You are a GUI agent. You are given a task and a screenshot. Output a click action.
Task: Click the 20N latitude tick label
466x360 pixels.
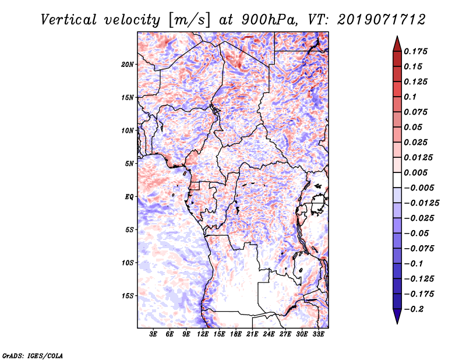tap(128, 64)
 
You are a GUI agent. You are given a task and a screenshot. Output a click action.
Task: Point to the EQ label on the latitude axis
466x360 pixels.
tap(129, 197)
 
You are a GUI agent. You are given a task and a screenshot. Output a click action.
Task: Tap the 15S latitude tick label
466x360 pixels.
tap(128, 296)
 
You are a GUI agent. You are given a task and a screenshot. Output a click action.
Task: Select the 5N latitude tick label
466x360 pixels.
tap(129, 164)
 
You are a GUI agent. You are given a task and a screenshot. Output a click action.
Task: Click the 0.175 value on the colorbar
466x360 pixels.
tap(418, 51)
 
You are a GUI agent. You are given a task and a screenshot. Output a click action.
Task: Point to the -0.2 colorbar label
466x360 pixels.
tap(415, 309)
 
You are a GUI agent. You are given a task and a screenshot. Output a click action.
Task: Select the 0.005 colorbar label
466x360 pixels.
tap(418, 173)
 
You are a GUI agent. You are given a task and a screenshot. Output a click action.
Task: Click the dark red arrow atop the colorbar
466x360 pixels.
tap(397, 43)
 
